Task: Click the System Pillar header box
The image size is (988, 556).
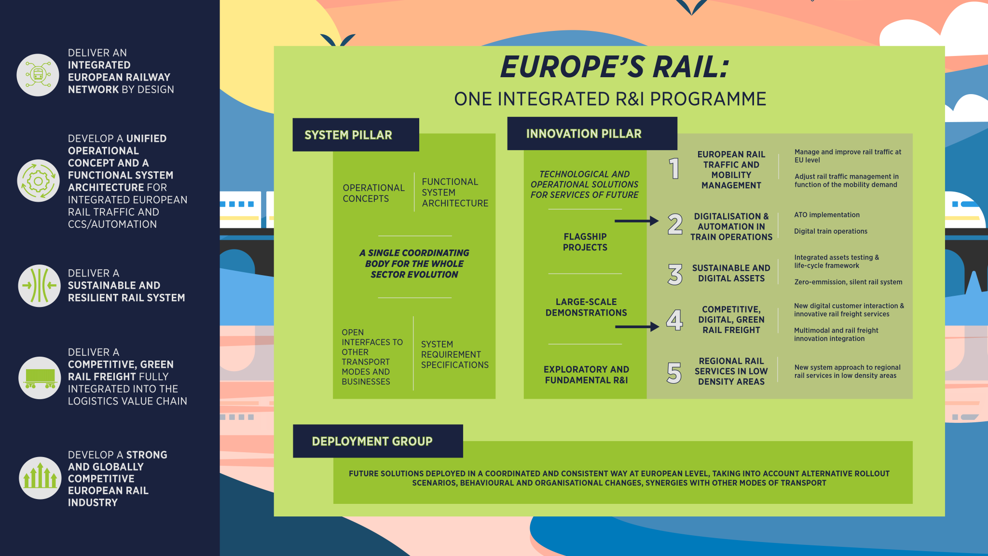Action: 356,135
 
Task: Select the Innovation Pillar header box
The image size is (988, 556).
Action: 592,134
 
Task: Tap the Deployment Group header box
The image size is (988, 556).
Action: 378,441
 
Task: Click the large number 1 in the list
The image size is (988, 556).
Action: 674,168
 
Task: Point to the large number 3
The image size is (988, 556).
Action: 675,274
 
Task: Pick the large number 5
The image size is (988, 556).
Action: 674,373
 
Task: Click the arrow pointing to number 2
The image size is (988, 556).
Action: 636,221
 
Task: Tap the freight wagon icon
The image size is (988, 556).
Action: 40,378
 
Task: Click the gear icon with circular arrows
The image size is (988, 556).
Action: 38,181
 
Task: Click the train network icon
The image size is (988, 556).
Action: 38,75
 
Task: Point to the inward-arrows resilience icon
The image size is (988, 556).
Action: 40,286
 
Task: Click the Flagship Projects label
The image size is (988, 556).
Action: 585,242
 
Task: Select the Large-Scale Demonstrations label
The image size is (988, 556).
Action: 586,307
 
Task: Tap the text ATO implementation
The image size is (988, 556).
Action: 826,215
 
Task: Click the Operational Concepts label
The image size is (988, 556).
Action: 373,193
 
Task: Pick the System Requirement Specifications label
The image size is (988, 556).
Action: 454,355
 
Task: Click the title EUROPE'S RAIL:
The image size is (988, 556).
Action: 614,67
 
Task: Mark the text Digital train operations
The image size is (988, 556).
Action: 830,231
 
